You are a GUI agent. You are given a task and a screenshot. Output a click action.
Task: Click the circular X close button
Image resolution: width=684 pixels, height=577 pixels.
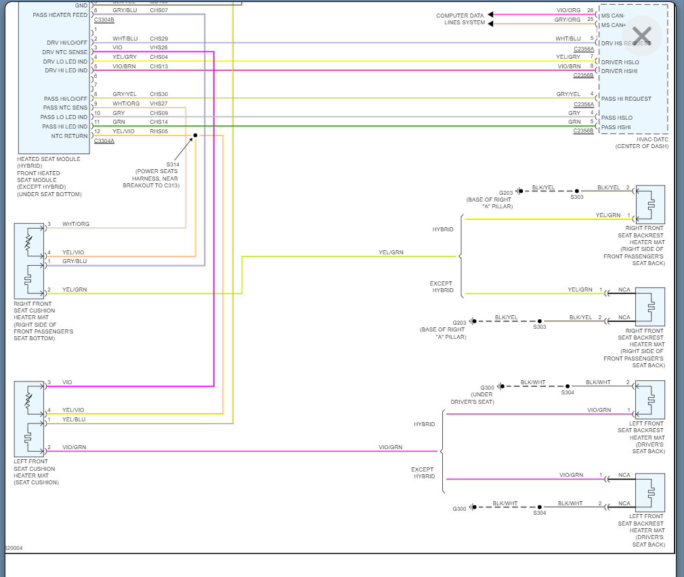(641, 36)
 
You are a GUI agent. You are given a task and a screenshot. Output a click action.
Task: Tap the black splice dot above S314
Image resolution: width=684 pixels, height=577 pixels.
(195, 135)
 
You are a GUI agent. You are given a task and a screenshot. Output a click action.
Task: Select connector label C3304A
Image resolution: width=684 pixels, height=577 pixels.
(104, 141)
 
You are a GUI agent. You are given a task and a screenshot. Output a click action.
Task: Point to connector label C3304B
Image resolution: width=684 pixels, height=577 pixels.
(104, 20)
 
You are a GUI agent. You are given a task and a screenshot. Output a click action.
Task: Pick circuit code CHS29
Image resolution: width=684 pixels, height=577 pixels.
(159, 39)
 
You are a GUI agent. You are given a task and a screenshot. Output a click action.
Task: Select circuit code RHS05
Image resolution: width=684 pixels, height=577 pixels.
(159, 131)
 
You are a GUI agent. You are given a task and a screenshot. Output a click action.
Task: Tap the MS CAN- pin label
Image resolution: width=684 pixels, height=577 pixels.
(614, 16)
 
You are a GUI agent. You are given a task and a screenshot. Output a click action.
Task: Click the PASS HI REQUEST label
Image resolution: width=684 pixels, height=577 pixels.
(626, 99)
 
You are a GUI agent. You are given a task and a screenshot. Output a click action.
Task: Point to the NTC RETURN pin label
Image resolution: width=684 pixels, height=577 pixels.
(69, 136)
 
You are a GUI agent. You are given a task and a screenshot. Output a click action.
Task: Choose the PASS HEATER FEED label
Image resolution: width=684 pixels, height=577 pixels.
(60, 15)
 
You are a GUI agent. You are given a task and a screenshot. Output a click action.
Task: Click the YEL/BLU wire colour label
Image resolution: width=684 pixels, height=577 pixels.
(73, 419)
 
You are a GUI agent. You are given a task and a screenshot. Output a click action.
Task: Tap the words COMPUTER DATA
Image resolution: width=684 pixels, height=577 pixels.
(460, 16)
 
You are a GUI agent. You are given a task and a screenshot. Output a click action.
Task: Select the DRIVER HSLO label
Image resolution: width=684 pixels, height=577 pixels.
(620, 62)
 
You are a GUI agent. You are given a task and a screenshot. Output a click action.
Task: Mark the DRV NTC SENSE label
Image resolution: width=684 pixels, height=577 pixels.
(64, 52)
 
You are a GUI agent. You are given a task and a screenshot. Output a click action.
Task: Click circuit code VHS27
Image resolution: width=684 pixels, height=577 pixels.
(159, 103)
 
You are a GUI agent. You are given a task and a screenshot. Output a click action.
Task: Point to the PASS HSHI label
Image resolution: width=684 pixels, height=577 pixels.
(616, 127)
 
